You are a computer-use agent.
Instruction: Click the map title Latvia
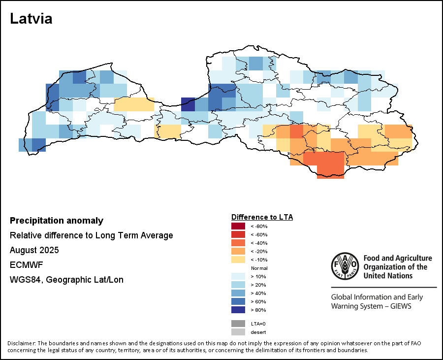[x=31, y=19]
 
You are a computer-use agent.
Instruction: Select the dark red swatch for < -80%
[x=238, y=226]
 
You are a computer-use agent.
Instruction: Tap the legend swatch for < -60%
[x=238, y=234]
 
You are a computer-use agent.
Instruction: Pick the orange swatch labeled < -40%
[x=238, y=243]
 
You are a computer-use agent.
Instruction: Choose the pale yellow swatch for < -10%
[x=238, y=260]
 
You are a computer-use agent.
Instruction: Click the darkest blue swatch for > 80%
[x=238, y=310]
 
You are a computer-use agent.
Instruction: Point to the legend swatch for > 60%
[x=238, y=301]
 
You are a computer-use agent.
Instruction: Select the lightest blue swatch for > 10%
[x=238, y=276]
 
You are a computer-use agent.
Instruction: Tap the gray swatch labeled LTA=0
[x=238, y=324]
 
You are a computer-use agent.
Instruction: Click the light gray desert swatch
[x=238, y=332]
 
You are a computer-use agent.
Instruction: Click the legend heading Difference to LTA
[x=262, y=217]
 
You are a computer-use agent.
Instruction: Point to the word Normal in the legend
[x=259, y=268]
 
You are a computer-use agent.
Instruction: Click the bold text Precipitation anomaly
[x=57, y=221]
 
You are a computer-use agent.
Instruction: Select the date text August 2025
[x=34, y=250]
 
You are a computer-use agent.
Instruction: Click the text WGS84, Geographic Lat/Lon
[x=66, y=280]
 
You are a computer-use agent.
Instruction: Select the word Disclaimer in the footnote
[x=21, y=343]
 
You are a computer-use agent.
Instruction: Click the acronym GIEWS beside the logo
[x=398, y=306]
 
